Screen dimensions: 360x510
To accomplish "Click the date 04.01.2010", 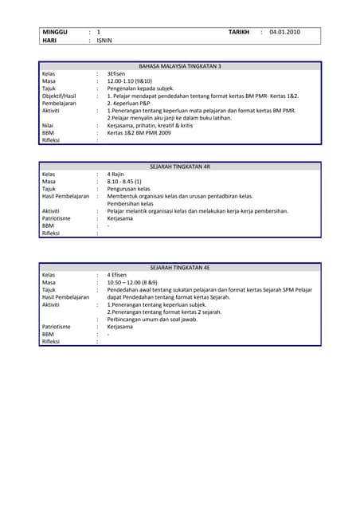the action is (284, 32).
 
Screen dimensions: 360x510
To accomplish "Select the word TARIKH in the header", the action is (239, 32).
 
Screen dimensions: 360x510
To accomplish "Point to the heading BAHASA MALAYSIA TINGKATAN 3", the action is (180, 66).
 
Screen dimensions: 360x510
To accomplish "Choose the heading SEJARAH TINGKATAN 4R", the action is (180, 166).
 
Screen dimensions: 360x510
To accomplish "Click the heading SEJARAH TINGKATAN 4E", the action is (180, 268).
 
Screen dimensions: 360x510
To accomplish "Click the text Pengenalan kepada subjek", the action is (141, 88).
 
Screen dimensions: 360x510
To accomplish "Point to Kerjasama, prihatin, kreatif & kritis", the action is (152, 125).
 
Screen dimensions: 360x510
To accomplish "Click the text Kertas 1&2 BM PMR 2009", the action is (139, 132).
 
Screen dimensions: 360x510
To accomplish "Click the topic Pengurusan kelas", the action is (129, 189).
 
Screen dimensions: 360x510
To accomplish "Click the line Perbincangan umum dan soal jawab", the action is (153, 319).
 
